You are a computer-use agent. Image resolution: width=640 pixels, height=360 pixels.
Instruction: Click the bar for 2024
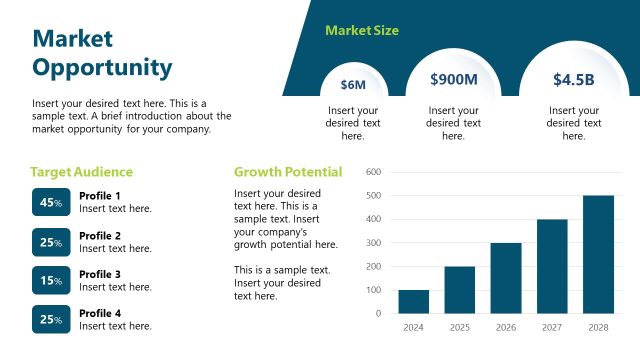tap(413, 301)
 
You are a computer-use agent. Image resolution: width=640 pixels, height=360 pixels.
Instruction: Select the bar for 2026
tap(506, 278)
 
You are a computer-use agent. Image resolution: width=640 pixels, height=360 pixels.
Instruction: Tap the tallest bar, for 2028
tap(598, 254)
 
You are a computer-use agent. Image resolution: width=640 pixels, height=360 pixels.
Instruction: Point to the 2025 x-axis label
tap(459, 327)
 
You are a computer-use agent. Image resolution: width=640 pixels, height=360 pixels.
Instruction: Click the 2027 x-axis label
tap(552, 327)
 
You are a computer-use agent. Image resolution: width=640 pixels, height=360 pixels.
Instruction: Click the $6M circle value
tap(353, 85)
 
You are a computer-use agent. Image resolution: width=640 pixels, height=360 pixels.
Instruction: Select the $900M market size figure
tap(453, 79)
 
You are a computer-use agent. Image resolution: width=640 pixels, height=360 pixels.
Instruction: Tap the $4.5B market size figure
tap(574, 80)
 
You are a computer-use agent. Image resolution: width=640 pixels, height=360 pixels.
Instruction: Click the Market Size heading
tap(362, 31)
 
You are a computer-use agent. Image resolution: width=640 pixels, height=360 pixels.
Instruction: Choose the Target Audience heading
tap(81, 172)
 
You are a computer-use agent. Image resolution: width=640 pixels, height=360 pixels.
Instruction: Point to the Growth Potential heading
tap(288, 172)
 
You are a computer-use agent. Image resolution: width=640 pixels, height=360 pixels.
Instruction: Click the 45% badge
tap(51, 202)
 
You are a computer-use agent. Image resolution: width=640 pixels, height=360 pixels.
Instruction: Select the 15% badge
tap(51, 280)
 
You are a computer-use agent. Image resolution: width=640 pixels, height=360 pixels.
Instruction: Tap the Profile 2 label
tap(100, 236)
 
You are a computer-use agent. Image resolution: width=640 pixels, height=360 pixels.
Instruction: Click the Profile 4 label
tap(100, 313)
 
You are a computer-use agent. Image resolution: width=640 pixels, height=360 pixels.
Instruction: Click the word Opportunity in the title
tap(102, 67)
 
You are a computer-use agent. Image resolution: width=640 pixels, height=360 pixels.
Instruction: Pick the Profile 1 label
tap(100, 196)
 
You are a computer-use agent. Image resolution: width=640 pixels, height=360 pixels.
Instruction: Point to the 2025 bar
tap(459, 290)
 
